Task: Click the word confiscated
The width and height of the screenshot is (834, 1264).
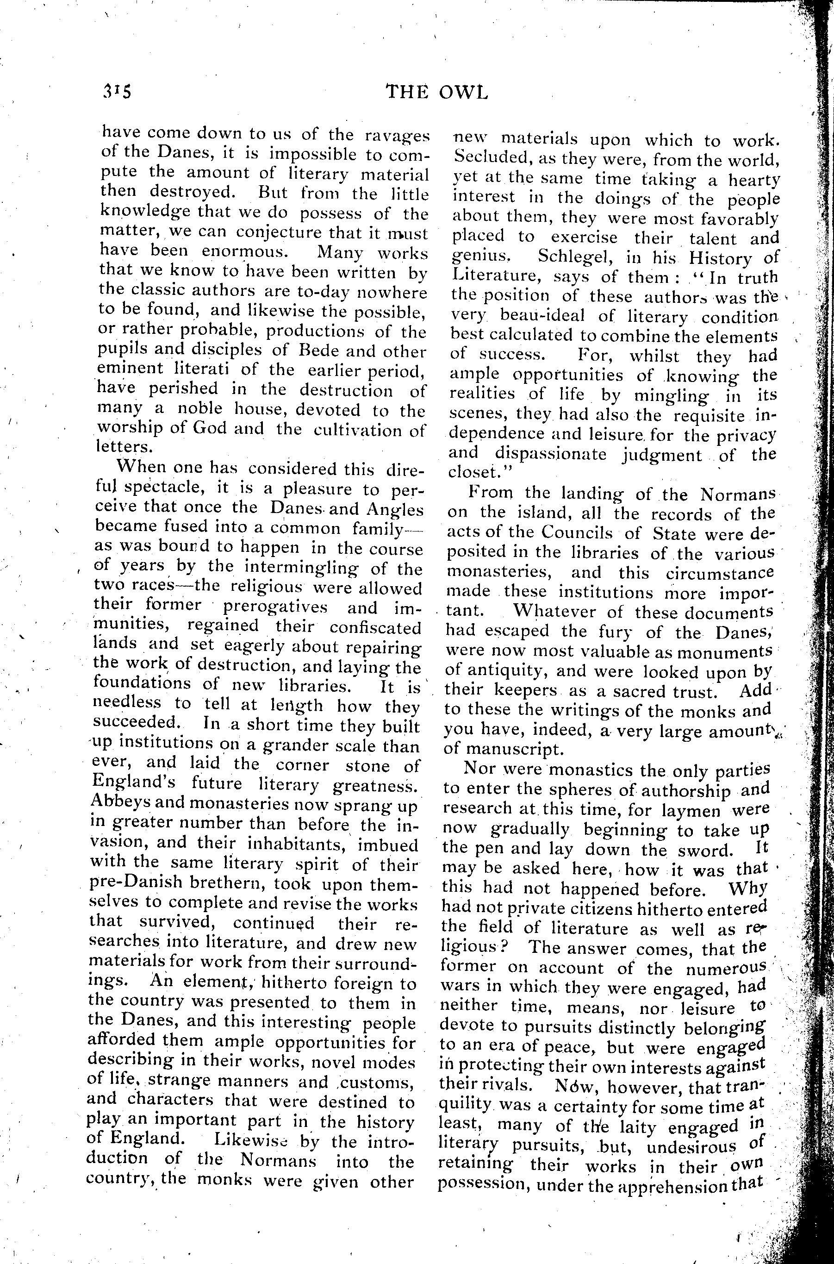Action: pyautogui.click(x=375, y=628)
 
